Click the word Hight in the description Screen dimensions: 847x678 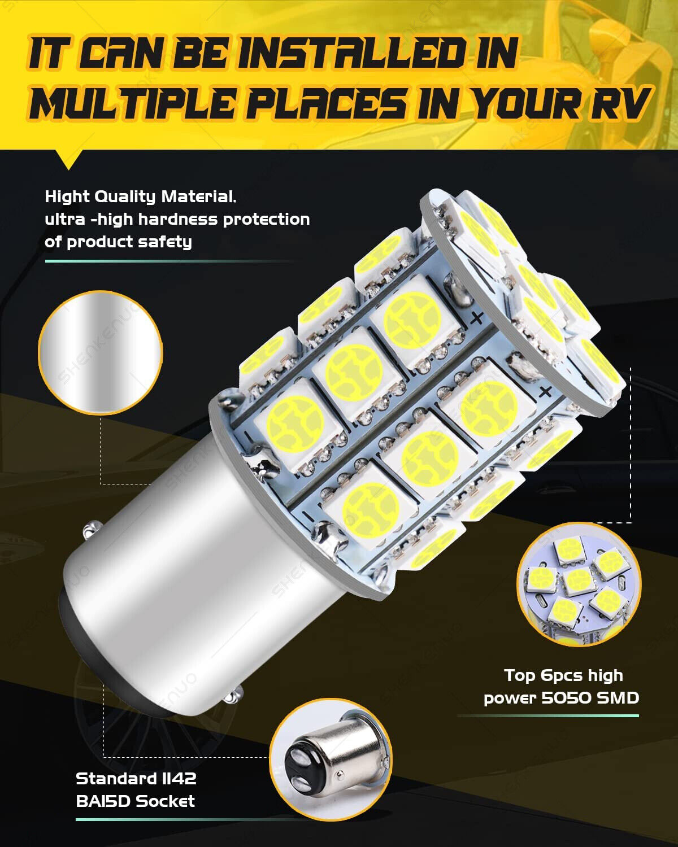point(67,197)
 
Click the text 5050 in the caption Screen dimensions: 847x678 point(567,698)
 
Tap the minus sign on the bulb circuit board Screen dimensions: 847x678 point(308,515)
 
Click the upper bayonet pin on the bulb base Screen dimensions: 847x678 point(89,530)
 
